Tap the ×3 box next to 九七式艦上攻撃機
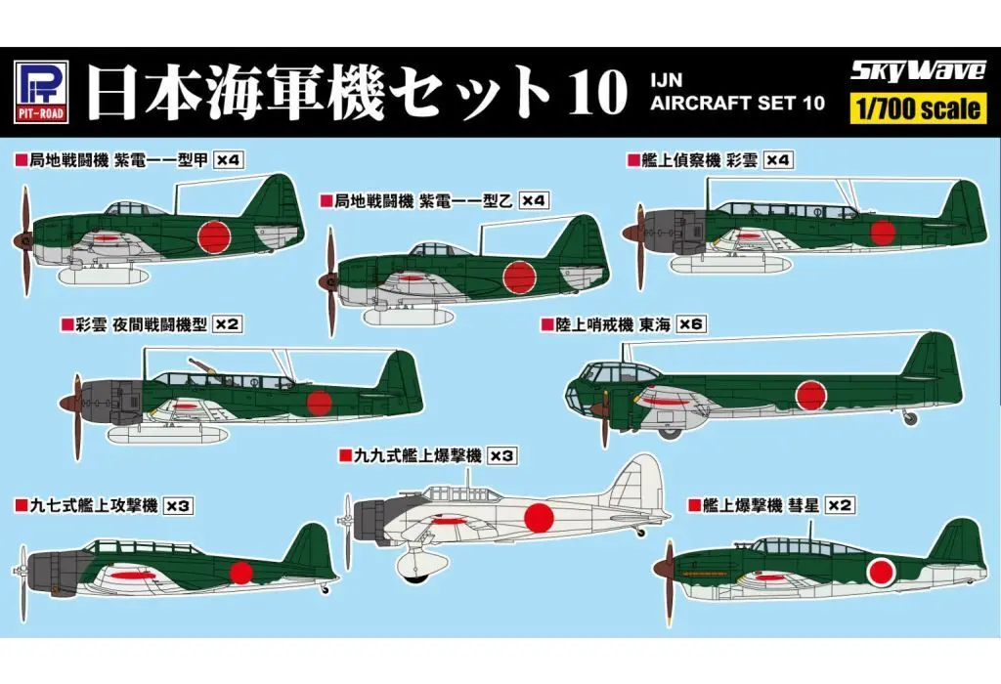point(178,505)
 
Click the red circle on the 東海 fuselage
point(811,395)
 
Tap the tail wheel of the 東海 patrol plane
point(911,418)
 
